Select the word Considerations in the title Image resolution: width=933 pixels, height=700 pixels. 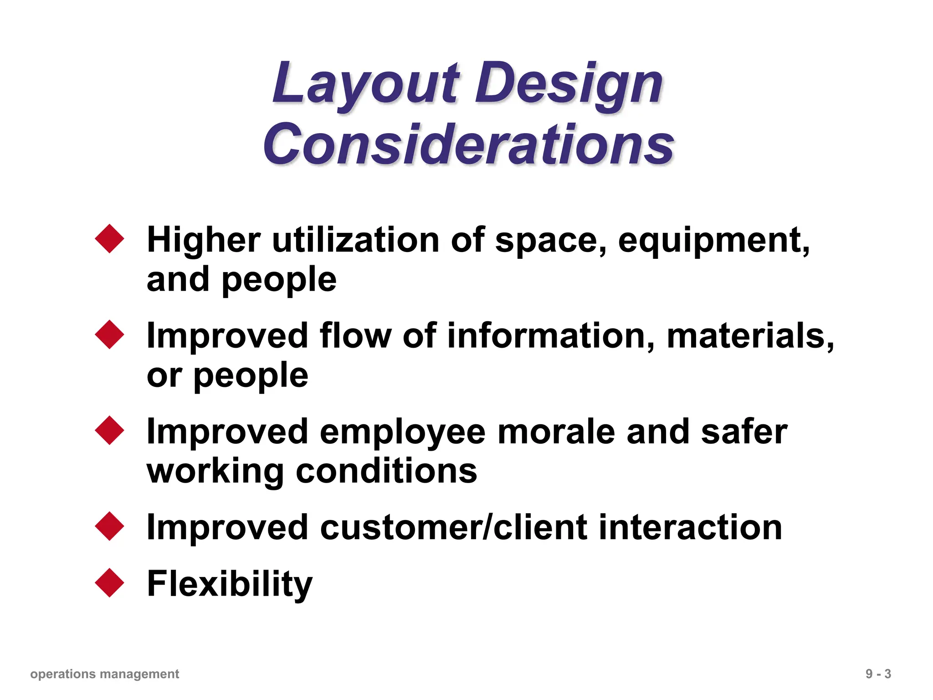tap(468, 145)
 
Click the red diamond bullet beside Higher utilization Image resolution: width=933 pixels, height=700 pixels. tap(110, 238)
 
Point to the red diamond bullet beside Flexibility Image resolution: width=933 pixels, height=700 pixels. tap(110, 582)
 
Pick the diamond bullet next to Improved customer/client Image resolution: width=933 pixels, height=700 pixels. tap(110, 526)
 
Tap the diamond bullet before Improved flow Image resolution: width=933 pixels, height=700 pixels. tap(110, 335)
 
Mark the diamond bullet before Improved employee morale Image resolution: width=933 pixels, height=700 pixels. tap(110, 430)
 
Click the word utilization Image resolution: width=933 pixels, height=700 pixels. tap(356, 240)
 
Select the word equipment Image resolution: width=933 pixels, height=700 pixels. tap(713, 240)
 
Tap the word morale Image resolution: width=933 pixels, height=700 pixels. tap(556, 432)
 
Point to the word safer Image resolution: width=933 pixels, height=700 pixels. tap(744, 432)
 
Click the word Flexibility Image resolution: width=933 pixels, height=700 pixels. tap(230, 584)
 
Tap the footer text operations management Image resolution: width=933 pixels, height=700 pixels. tap(105, 674)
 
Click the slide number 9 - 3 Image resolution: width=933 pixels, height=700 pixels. tap(878, 674)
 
